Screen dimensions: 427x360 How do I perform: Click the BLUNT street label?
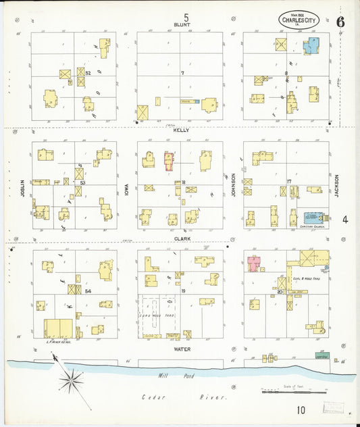point(182,25)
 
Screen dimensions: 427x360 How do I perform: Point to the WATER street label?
point(182,349)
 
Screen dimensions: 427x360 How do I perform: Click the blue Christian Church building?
point(313,218)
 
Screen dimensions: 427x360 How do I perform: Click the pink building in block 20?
point(255,263)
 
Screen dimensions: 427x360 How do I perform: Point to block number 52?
point(88,72)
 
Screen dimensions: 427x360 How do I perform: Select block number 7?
point(182,72)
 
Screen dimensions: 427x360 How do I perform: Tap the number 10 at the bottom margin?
point(300,409)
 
